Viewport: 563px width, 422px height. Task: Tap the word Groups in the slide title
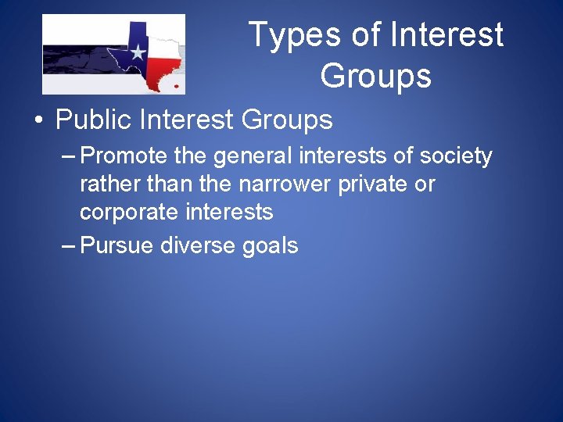375,77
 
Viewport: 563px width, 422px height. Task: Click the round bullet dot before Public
38,122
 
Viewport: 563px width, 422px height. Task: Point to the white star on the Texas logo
138,52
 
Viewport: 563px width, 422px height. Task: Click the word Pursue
117,245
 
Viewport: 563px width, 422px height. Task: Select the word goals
271,246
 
